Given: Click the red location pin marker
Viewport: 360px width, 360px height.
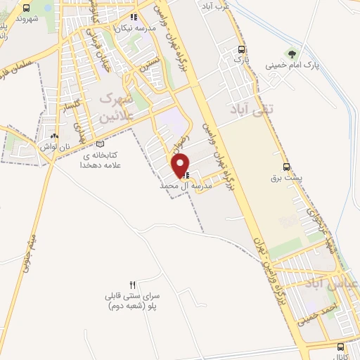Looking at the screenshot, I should [181, 165].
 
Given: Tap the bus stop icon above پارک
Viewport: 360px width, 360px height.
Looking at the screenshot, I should [241, 49].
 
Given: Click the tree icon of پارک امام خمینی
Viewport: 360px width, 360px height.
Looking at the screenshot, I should [290, 53].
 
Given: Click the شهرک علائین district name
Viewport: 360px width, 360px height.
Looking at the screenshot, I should [113, 108].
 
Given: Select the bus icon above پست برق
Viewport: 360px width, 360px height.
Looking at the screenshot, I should [286, 167].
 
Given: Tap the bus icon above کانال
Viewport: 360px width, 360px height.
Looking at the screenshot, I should [341, 347].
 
